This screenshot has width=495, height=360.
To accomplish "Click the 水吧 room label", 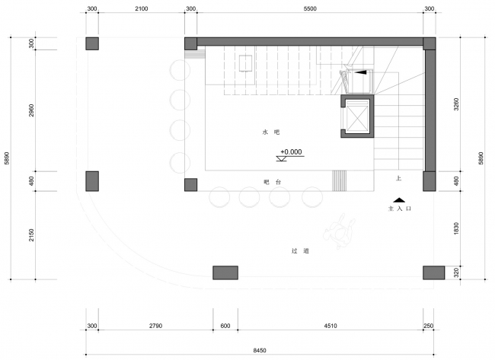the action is (x=271, y=132).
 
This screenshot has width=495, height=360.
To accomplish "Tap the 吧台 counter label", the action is (x=272, y=182).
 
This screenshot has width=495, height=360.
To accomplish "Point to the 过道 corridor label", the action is (x=300, y=251).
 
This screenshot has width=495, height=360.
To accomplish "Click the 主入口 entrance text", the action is (x=400, y=209).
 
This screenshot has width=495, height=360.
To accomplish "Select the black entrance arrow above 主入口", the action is (x=399, y=200).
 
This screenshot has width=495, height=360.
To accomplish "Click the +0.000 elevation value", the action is (x=291, y=152).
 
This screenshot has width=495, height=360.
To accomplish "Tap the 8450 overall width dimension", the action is (x=260, y=350).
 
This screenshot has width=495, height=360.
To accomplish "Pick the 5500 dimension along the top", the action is (x=310, y=9).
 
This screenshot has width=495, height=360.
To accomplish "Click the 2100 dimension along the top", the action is (x=142, y=9).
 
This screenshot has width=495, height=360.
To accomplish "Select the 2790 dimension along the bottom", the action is (x=155, y=326).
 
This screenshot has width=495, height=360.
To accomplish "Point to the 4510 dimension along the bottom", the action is (x=331, y=326).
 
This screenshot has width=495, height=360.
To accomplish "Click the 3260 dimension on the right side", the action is (x=456, y=104).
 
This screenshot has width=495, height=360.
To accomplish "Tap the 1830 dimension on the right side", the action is (x=456, y=228).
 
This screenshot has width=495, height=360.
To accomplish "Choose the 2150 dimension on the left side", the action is (x=31, y=235).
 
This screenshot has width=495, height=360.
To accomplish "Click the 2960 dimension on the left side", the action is (x=31, y=110).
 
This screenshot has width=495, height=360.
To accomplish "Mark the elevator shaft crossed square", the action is (x=357, y=116).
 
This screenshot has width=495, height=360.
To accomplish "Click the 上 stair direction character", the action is (x=398, y=178).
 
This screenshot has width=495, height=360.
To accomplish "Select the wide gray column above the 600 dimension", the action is (x=225, y=272).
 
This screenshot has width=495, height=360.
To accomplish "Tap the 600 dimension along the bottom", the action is (x=225, y=326).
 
